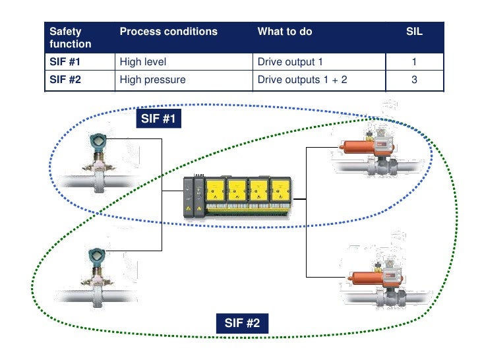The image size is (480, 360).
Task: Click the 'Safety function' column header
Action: tap(70, 38)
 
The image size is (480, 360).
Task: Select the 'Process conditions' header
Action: tap(168, 32)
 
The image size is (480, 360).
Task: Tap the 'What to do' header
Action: tap(285, 32)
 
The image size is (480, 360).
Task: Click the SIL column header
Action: tap(415, 32)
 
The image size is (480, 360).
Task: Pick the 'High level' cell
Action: tap(143, 63)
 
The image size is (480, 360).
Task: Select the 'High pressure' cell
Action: tap(152, 80)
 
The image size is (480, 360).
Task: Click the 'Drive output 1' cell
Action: tap(290, 63)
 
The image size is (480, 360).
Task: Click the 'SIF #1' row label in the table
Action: tap(64, 63)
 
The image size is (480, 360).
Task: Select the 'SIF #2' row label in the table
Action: tap(64, 80)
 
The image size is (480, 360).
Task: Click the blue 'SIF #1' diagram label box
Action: tap(159, 119)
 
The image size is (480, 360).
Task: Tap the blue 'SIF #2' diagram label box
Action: tap(242, 323)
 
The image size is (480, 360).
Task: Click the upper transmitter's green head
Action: tap(98, 142)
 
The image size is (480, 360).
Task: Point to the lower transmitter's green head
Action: tap(98, 255)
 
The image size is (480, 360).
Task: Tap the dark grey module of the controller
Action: tap(192, 196)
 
